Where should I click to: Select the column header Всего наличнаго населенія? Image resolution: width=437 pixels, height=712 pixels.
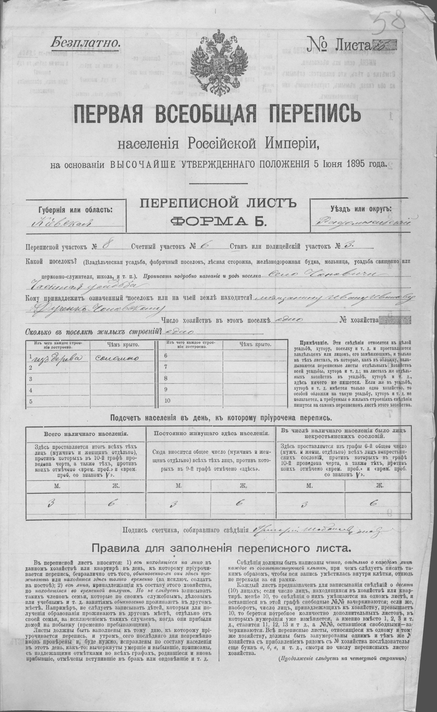[86, 434]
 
